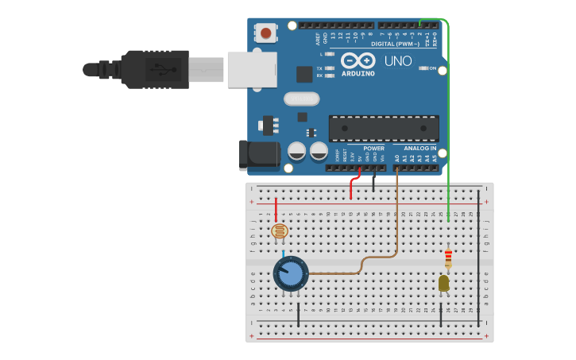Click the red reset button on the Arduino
265,33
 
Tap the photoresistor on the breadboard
279,231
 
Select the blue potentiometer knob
291,273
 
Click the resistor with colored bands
448,257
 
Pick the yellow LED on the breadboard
443,282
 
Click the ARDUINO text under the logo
358,73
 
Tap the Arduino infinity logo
358,60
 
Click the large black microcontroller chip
384,129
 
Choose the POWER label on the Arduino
373,149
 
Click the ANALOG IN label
419,149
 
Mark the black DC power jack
259,154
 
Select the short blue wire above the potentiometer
282,252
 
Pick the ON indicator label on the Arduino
432,68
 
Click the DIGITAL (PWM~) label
397,44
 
